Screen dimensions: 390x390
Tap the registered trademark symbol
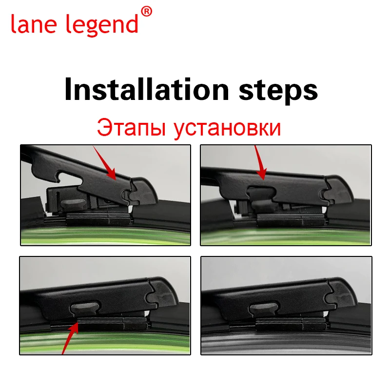(146, 11)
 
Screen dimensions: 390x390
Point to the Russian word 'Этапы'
(128, 128)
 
